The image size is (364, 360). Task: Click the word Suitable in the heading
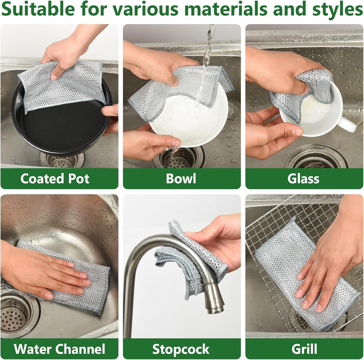(38, 9)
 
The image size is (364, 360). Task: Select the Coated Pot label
(55, 179)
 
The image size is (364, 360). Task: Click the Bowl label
(181, 179)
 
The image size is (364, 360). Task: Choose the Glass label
(303, 179)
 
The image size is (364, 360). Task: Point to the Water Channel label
(60, 349)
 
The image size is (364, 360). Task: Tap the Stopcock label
(181, 349)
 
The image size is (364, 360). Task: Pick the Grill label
(304, 349)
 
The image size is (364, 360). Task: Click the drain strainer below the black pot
(63, 160)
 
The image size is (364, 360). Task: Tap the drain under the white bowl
(179, 158)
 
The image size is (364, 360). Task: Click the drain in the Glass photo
(316, 157)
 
